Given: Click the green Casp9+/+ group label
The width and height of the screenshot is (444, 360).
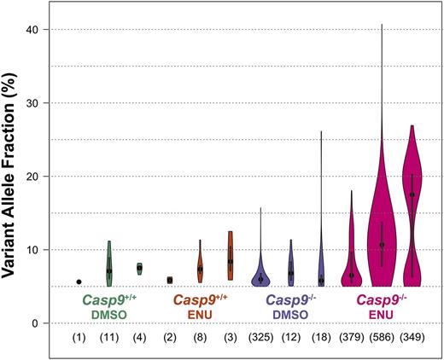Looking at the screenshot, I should tap(109, 299).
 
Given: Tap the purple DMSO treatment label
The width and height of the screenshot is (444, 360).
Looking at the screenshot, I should tap(290, 314).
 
